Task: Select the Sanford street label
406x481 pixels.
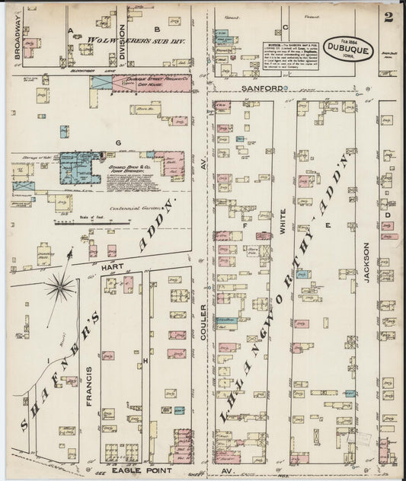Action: (268, 88)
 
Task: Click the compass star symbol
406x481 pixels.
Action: (61, 288)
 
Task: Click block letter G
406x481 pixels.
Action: (118, 142)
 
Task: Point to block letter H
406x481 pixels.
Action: (144, 360)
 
